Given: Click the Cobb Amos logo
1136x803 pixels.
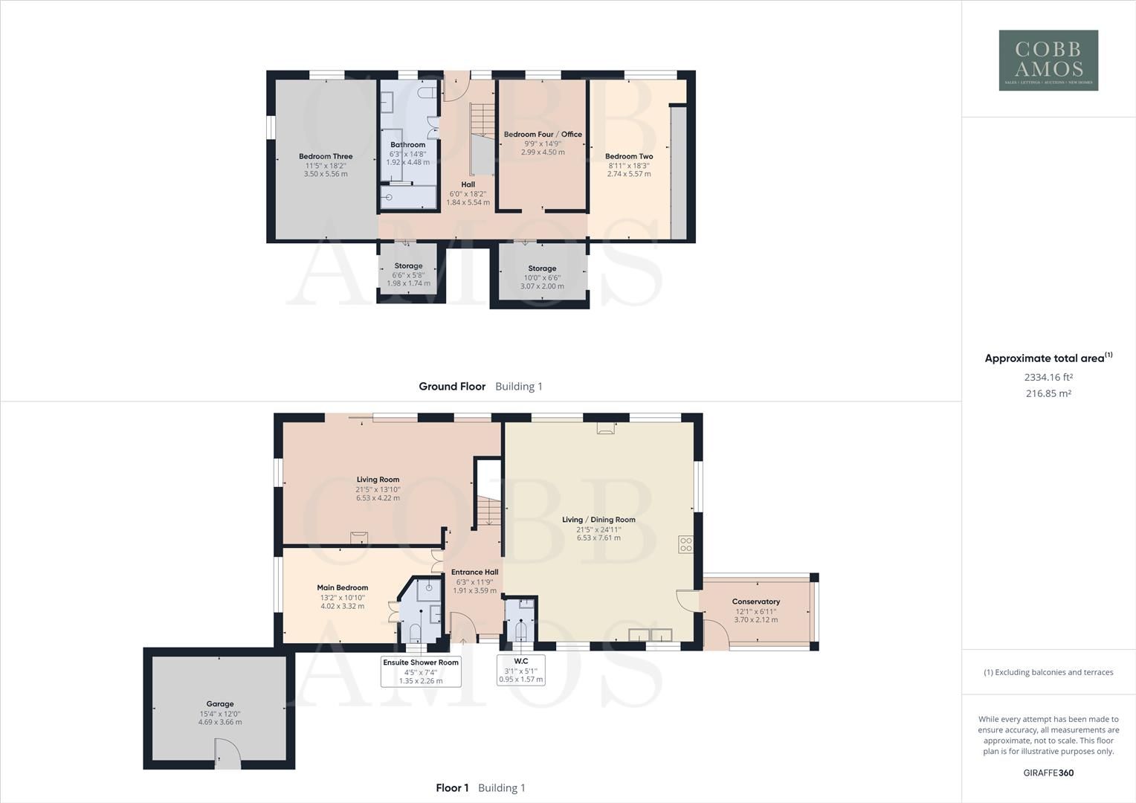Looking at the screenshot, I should coord(1048,60).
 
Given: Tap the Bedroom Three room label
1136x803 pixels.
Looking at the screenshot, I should coord(326,157).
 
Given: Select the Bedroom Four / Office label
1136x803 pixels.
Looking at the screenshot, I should coord(543,135).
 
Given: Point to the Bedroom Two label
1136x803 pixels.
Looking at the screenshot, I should coord(629,157).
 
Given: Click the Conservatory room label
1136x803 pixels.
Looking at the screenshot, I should coord(755,602).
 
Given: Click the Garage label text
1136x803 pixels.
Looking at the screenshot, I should coord(220,703).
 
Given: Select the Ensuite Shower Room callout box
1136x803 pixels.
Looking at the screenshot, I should coord(421,671).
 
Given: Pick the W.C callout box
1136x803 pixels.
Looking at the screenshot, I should coord(521,669).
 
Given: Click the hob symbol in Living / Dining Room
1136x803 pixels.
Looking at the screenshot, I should coord(685,544).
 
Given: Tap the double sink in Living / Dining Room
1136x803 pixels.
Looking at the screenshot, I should coord(651,634).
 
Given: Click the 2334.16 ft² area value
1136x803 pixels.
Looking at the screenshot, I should coord(1048,377).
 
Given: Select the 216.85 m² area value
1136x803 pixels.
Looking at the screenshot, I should coord(1048,393).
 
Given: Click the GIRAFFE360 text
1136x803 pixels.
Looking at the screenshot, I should coord(1048,773).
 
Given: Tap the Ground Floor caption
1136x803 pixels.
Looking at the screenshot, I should coord(452,387).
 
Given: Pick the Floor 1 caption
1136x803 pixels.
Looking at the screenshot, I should coord(452,788).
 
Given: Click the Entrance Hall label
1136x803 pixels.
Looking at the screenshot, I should coord(475,572).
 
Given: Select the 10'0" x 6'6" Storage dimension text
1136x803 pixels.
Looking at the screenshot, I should coord(542,277).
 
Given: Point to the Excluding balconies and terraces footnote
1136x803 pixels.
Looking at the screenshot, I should coord(1048,672).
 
